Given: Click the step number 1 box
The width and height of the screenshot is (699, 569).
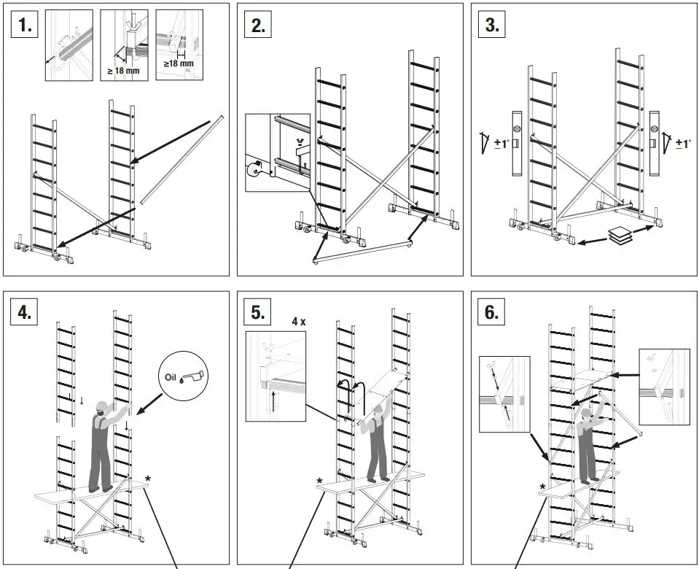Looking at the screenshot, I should tap(26, 26).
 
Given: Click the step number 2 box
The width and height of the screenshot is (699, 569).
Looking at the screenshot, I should tap(259, 26).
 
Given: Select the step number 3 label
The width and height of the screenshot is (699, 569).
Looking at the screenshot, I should tap(493, 26).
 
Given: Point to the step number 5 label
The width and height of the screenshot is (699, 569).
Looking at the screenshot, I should tap(259, 313).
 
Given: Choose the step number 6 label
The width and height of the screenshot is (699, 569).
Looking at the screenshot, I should tap(493, 313).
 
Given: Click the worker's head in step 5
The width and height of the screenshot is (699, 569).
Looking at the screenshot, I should tap(377, 415).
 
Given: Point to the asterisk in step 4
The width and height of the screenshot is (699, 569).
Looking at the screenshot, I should tap(148, 479).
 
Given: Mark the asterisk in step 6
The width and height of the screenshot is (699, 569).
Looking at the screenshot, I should tap(542, 487).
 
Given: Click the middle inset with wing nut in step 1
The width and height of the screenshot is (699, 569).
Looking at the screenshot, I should tap(124, 44).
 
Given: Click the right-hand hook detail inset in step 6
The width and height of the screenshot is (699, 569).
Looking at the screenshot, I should tap(665, 386).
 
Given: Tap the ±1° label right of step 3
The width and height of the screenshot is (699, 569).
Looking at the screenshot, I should tap(682, 144).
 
